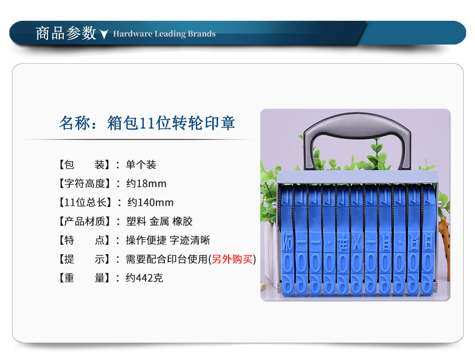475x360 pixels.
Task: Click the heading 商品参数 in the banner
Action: pos(66,33)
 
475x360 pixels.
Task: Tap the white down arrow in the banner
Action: pos(104,34)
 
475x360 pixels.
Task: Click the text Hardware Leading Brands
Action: pos(164,34)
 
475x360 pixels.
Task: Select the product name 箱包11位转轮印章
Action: pos(171,123)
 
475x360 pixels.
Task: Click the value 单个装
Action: pos(141,165)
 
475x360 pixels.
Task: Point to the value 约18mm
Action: pos(146,183)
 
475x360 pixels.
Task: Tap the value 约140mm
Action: pos(150,202)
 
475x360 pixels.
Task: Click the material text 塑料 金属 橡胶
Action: pos(159,222)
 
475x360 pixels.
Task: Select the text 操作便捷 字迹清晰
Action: pos(168,240)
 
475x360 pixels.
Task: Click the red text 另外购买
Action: pos(232,259)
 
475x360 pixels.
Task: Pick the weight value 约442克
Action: pos(144,278)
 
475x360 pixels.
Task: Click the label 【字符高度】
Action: pos(85,183)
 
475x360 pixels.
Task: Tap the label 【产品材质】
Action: pos(85,222)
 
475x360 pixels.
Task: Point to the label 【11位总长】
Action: pos(85,202)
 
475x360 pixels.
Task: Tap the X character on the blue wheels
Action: pos(357,242)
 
